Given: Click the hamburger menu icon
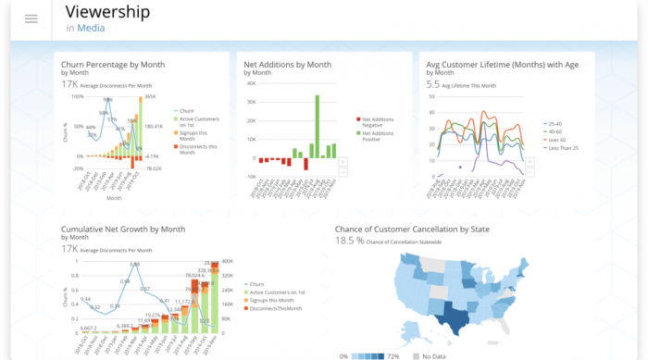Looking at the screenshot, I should [31, 19].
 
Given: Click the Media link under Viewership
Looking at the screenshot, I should [90, 29].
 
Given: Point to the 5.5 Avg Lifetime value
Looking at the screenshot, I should [432, 84].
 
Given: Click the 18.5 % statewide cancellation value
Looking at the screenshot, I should [349, 241].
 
